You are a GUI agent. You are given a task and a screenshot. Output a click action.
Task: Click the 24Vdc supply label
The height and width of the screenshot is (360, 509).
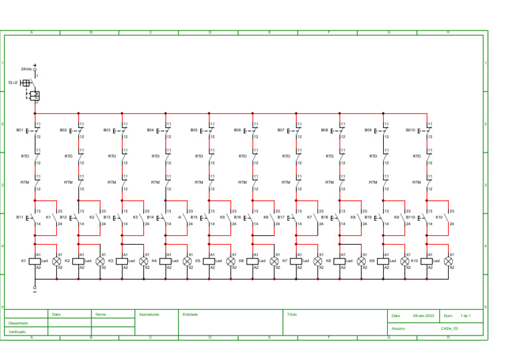(x=26, y=69)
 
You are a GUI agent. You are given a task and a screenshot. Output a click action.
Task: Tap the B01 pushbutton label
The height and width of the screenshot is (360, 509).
(x=20, y=130)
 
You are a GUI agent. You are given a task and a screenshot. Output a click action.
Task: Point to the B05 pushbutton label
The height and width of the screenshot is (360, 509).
(x=194, y=130)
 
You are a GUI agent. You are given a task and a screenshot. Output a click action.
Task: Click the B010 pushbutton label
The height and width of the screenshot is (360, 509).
(x=410, y=130)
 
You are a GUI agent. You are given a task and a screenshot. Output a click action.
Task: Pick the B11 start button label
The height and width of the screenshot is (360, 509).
(x=20, y=217)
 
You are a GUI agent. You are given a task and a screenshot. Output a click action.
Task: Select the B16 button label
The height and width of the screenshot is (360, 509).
(x=237, y=217)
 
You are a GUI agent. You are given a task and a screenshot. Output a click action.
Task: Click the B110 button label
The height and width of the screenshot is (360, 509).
(x=410, y=217)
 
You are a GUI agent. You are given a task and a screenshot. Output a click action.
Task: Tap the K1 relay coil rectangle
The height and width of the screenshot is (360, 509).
(x=35, y=261)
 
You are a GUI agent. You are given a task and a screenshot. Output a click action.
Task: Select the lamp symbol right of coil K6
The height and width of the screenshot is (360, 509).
(x=274, y=261)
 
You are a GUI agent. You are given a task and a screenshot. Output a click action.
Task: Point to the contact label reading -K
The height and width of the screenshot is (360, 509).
(x=180, y=217)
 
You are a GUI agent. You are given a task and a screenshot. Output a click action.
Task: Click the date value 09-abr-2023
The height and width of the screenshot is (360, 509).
(x=423, y=316)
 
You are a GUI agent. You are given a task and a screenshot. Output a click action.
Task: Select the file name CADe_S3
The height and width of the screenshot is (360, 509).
(x=449, y=328)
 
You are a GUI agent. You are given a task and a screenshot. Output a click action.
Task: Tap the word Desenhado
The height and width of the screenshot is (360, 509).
(x=18, y=323)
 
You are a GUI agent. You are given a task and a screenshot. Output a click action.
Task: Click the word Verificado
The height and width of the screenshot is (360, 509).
(x=17, y=331)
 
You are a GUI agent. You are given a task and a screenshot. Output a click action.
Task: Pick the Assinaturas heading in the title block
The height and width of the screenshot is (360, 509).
(x=149, y=314)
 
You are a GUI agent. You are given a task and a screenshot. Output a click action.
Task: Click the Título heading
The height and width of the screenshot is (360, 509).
(x=292, y=314)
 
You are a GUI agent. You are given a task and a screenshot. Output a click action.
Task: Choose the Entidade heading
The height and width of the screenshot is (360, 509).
(x=190, y=314)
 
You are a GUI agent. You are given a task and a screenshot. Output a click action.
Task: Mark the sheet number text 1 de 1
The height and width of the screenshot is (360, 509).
(x=465, y=316)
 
